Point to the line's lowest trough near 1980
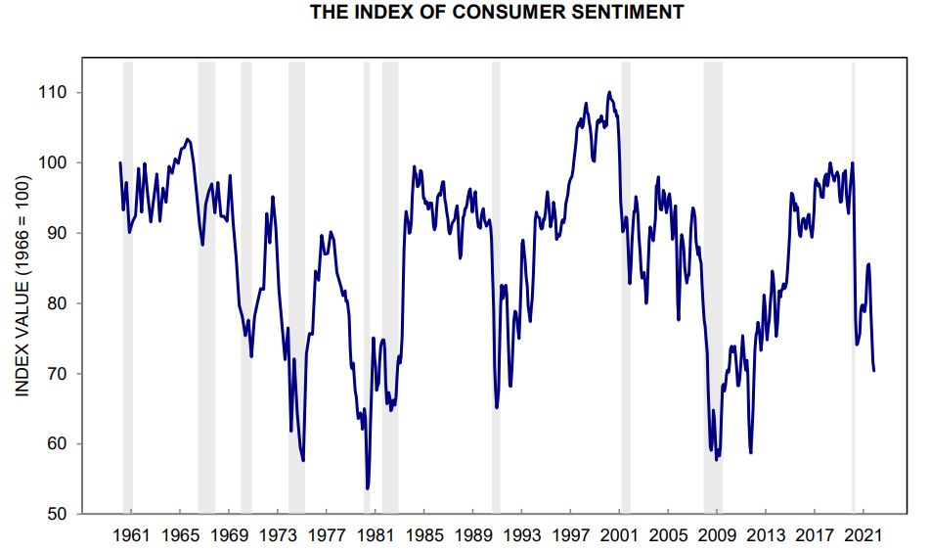pos(368,488)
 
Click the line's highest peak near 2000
pos(609,93)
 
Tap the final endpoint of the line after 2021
pos(873,370)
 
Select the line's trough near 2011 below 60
pos(750,452)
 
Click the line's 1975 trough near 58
pos(303,460)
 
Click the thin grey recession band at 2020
pos(854,294)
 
